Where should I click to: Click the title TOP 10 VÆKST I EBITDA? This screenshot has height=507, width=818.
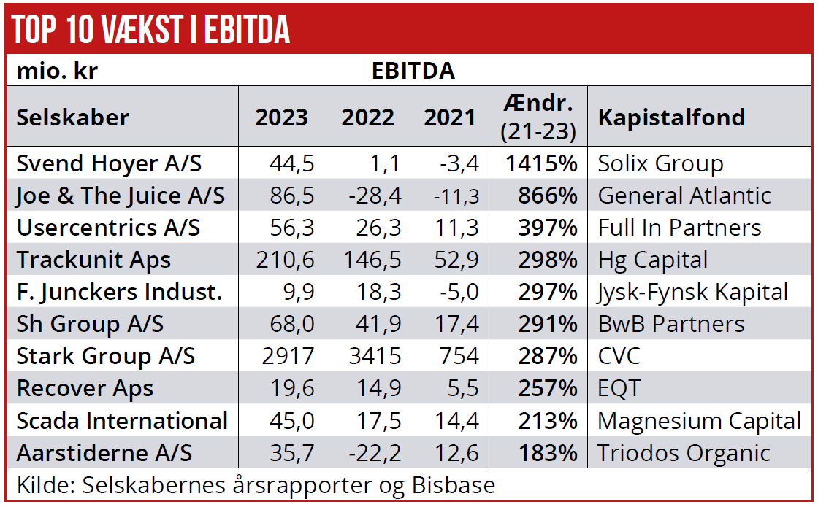[151, 29]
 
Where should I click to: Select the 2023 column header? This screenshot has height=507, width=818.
[281, 117]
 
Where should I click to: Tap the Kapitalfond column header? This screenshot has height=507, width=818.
[671, 117]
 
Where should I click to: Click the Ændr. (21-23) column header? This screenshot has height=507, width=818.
[538, 117]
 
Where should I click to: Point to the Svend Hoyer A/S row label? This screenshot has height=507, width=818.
[109, 163]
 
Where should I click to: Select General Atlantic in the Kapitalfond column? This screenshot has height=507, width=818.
[684, 196]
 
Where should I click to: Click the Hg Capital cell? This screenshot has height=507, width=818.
[653, 260]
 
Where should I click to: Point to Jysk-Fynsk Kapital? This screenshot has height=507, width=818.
[693, 293]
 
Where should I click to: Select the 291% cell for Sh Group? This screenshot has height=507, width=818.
[547, 325]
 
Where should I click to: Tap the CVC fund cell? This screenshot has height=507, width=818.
[619, 357]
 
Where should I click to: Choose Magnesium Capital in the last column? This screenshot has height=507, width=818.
[699, 421]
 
